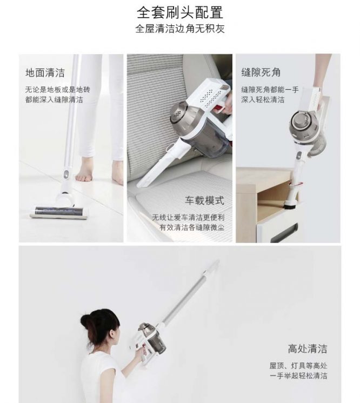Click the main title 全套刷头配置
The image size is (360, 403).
tap(180, 12)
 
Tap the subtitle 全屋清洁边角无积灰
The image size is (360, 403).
tap(180, 29)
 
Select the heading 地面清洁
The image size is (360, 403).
tap(45, 73)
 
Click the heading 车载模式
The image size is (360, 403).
tap(205, 200)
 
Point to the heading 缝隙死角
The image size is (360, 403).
tap(261, 72)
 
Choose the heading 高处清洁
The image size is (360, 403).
tap(308, 349)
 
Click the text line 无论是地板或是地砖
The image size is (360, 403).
tap(58, 90)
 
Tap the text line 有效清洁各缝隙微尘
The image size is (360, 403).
tap(192, 227)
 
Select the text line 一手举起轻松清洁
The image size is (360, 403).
tap(298, 376)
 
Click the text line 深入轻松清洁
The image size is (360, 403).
tap(263, 99)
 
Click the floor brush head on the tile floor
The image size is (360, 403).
tap(59, 212)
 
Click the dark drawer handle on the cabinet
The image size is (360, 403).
tap(284, 233)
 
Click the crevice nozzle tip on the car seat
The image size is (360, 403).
tap(140, 184)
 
